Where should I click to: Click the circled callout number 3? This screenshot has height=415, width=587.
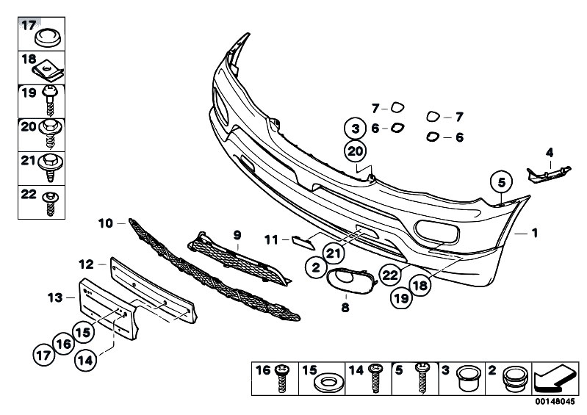[356, 129]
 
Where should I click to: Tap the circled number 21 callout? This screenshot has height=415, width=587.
[334, 253]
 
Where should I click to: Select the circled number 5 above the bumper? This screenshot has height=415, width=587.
[501, 182]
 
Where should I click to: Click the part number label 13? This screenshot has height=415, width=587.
[54, 298]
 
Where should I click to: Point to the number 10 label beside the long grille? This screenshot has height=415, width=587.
[105, 223]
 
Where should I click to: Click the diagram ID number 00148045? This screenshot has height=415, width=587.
[555, 402]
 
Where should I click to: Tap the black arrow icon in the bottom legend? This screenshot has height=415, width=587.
[555, 378]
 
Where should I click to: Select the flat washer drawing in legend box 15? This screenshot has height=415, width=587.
[328, 383]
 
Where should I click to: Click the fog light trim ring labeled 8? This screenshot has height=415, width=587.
[350, 281]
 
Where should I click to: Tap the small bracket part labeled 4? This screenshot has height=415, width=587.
[549, 175]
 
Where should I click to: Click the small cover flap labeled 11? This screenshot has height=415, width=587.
[303, 243]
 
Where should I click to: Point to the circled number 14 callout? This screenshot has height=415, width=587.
[85, 361]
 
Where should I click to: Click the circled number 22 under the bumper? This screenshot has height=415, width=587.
[389, 275]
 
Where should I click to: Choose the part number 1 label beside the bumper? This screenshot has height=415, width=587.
[535, 233]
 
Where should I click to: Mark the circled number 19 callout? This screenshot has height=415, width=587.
[401, 298]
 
